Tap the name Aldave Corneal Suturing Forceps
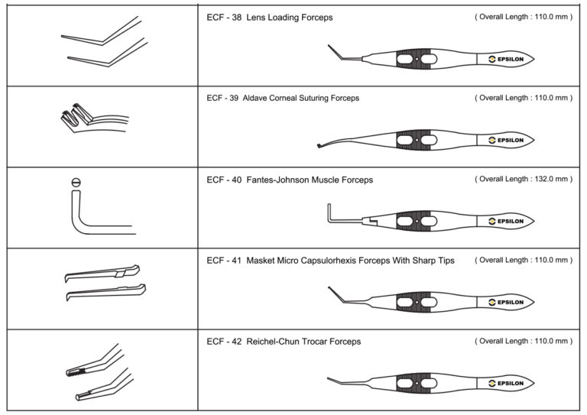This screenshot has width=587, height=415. coord(301,98)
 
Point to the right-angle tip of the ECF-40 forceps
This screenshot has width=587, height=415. coord(329,211)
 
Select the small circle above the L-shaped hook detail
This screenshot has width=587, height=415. coord(75,181)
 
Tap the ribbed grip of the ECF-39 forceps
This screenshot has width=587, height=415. coord(417,140)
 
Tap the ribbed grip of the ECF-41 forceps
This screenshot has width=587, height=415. coord(417,301)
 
